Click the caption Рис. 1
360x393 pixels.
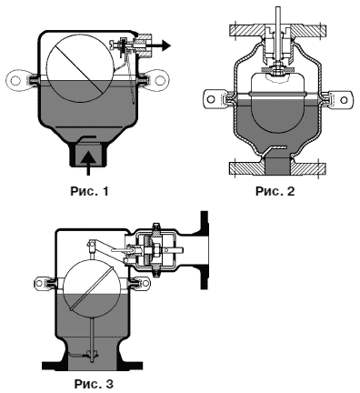click(89, 191)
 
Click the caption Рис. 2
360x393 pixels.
click(275, 191)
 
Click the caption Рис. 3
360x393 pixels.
click(94, 384)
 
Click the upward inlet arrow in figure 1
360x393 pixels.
click(88, 163)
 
